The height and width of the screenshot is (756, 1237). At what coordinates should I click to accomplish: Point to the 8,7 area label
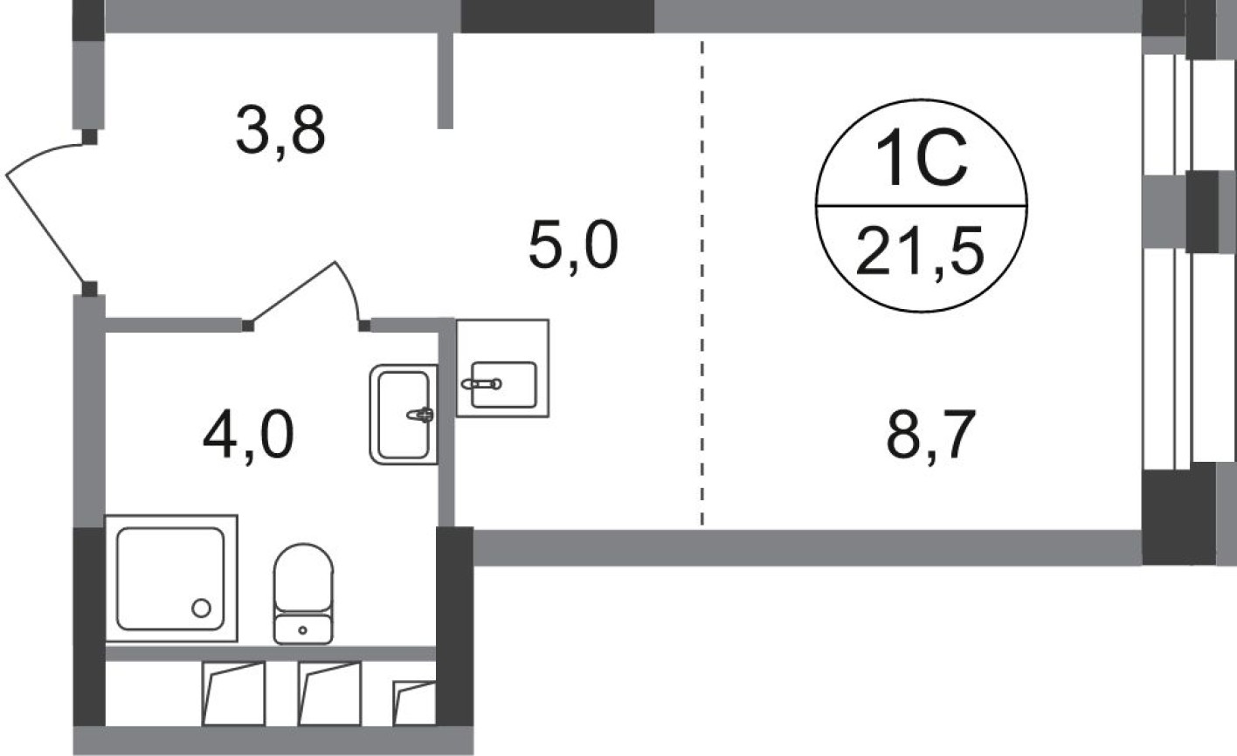[929, 436]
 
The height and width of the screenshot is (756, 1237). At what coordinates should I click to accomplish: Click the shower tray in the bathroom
[170, 578]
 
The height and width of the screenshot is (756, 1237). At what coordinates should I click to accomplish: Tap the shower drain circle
[202, 608]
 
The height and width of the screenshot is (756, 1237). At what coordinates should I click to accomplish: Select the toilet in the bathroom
[303, 592]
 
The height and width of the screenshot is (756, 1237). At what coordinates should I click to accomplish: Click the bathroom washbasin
[403, 414]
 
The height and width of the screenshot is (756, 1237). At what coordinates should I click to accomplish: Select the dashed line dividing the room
[701, 279]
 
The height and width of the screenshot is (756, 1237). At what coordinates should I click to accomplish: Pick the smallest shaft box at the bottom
[414, 704]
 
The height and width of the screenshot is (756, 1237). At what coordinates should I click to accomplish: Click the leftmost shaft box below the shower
[233, 693]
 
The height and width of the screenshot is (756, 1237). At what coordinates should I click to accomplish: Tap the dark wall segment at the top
[556, 16]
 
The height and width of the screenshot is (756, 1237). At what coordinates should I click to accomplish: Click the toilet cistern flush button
[303, 629]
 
